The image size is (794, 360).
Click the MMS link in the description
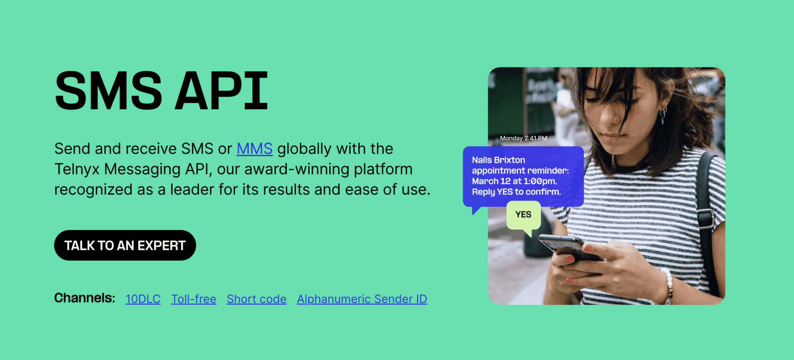click(254, 149)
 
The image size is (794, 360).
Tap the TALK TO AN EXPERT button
click(125, 245)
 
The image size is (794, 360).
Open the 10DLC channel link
click(143, 299)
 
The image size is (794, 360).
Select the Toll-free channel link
click(193, 299)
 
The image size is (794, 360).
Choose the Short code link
click(256, 299)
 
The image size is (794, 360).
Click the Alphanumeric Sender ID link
click(362, 299)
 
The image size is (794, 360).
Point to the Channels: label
click(85, 298)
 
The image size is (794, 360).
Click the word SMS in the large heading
click(109, 91)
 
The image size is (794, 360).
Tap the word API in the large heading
click(221, 91)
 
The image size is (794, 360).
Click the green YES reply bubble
click(523, 215)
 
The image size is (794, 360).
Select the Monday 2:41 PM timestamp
click(523, 138)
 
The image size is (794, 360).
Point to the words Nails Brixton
click(498, 160)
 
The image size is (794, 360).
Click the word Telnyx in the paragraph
click(77, 170)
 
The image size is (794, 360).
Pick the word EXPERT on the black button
click(161, 246)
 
